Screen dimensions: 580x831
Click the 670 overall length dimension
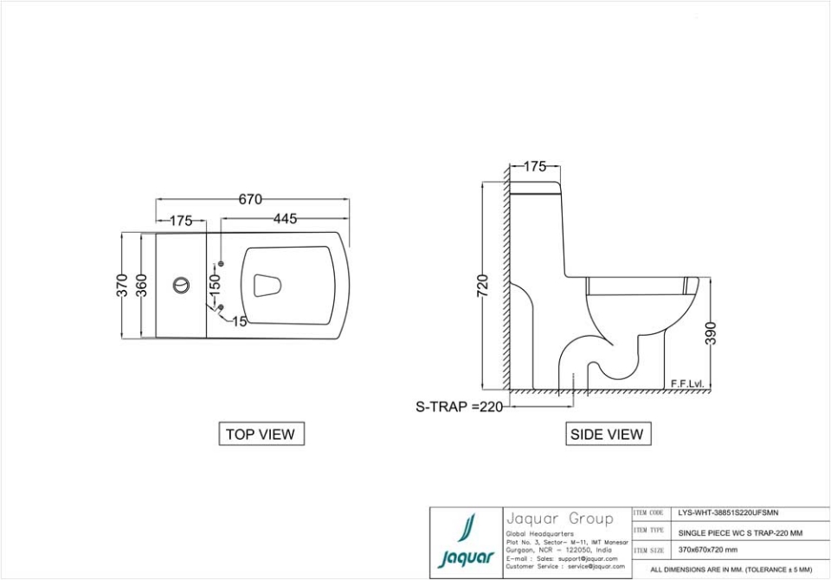coord(250,200)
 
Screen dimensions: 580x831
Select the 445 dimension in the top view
coord(285,219)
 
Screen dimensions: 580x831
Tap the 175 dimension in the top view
coord(181,221)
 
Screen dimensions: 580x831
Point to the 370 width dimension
coord(123,285)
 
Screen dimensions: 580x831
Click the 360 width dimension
coord(142,285)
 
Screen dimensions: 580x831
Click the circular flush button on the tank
coord(181,285)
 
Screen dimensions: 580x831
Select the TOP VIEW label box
coord(261,435)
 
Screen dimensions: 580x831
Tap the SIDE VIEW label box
coord(607,435)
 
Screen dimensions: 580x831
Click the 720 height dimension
coord(483,286)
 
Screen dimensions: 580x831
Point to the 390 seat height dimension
coord(712,332)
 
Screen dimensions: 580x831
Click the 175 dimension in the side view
coord(535,167)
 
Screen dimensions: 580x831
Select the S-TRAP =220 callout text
coord(460,407)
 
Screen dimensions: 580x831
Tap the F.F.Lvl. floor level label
coord(686,383)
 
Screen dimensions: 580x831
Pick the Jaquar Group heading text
coord(559,519)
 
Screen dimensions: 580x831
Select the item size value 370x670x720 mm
coord(708,549)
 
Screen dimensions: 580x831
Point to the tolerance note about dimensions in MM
coord(731,570)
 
